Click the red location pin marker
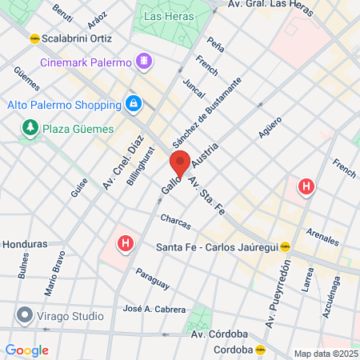pyautogui.click(x=181, y=163)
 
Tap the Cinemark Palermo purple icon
pyautogui.click(x=143, y=61)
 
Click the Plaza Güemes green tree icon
pyautogui.click(x=30, y=127)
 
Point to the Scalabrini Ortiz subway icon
pyautogui.click(x=34, y=38)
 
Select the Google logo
pyautogui.click(x=26, y=350)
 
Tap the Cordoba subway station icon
pyautogui.click(x=260, y=349)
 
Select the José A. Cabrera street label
pyautogui.click(x=154, y=309)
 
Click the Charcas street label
pyautogui.click(x=175, y=218)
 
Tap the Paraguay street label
pyautogui.click(x=152, y=278)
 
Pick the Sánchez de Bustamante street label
pyautogui.click(x=206, y=111)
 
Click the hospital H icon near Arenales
pyautogui.click(x=306, y=188)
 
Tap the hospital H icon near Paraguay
pyautogui.click(x=126, y=242)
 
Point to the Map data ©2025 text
pyautogui.click(x=325, y=354)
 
